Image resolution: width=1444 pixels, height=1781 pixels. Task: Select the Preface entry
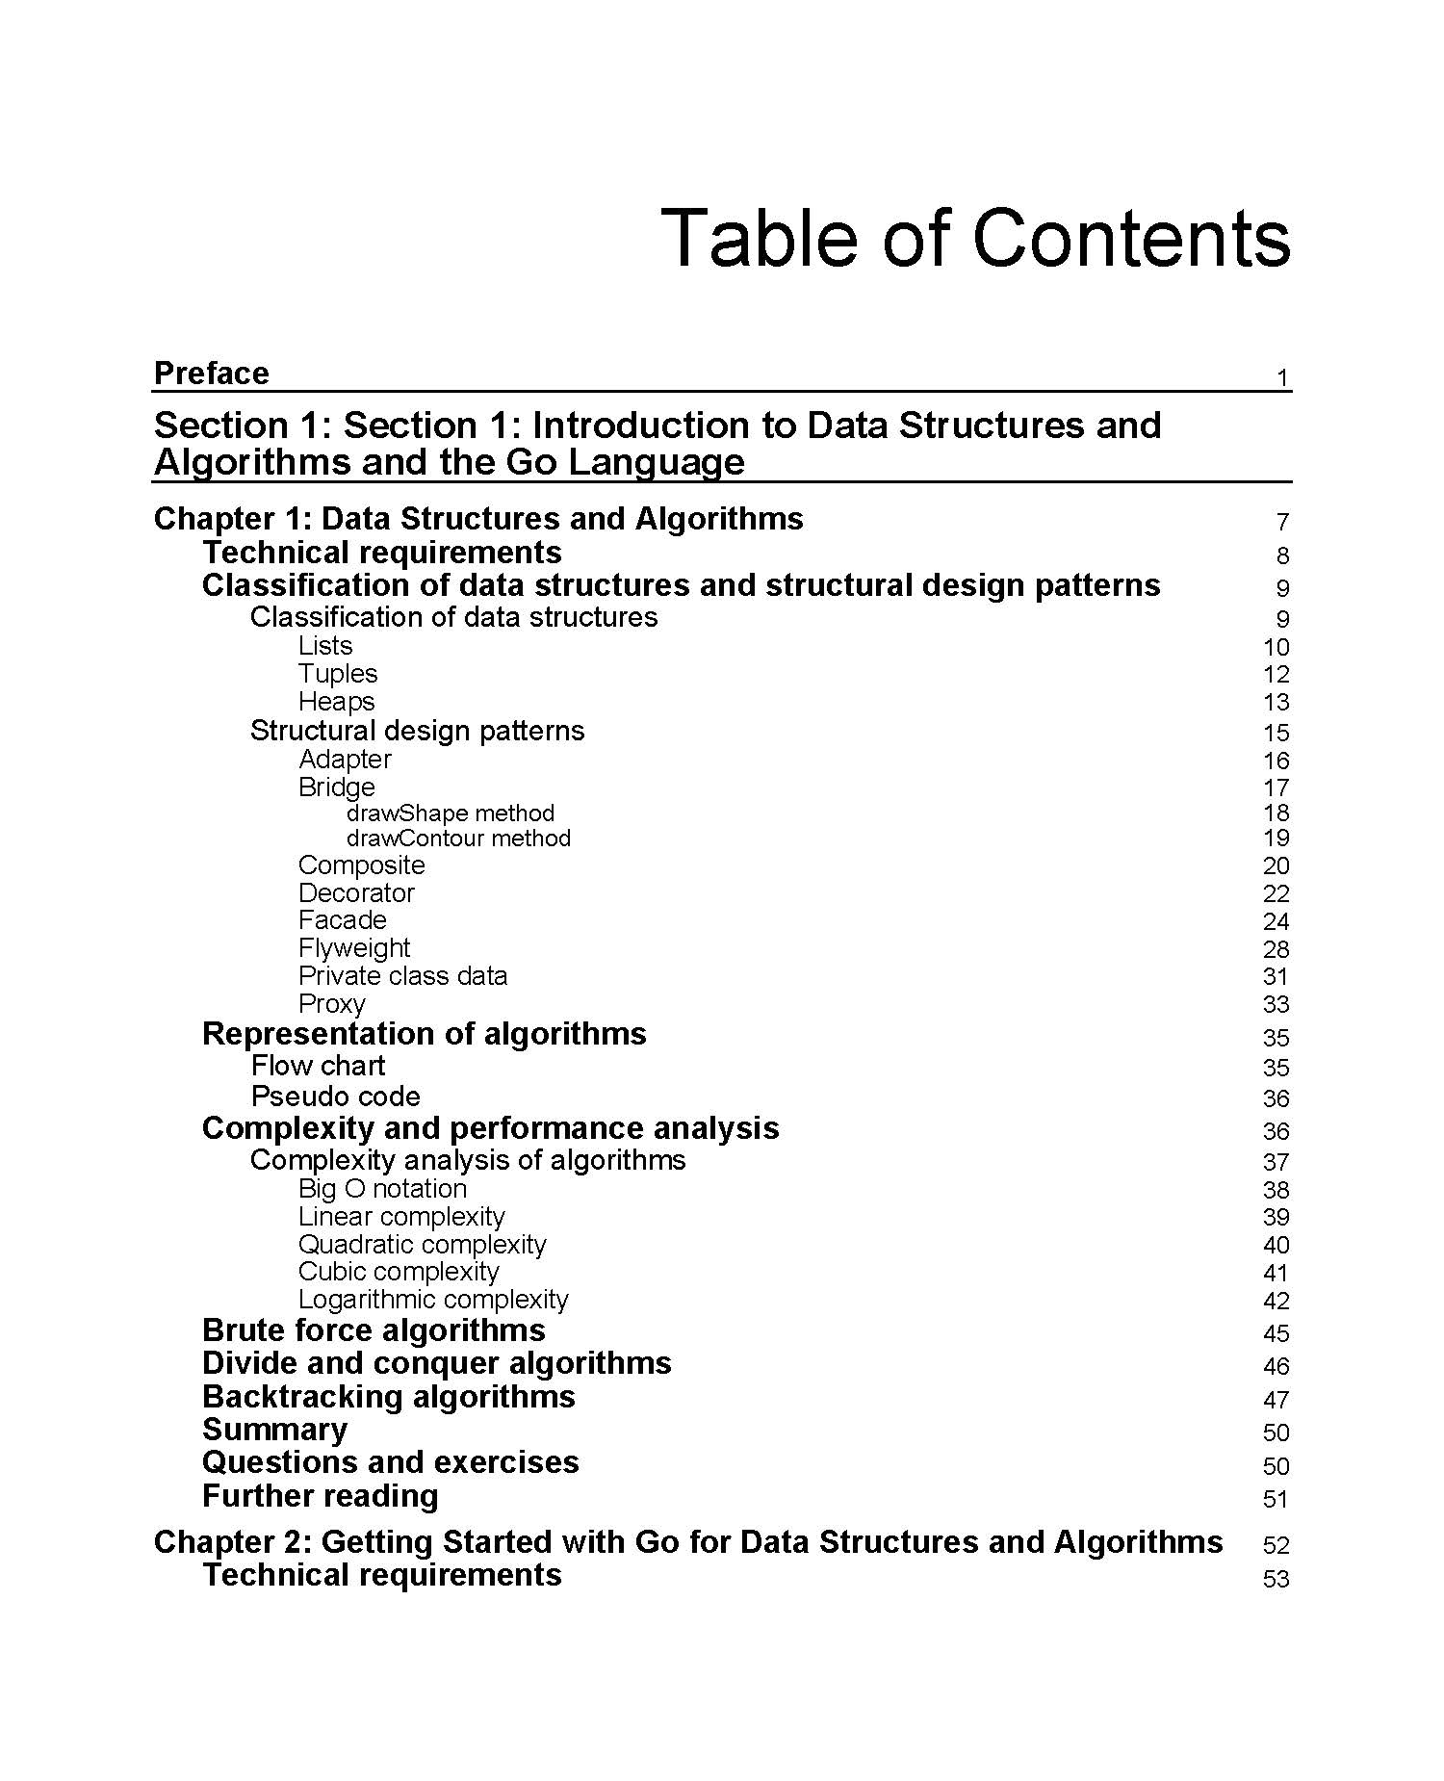click(212, 374)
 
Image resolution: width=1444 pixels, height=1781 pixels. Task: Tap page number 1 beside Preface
click(1282, 378)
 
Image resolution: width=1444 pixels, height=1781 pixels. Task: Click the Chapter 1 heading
click(478, 519)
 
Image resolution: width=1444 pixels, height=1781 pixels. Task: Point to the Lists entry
click(325, 646)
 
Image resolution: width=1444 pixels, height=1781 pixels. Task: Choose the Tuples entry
click(338, 674)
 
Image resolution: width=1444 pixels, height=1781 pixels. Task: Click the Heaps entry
click(336, 702)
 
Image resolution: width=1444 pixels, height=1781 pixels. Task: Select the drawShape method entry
click(451, 813)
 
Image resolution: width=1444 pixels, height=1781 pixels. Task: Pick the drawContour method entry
click(458, 839)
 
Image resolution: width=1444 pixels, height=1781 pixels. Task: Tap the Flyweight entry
click(354, 948)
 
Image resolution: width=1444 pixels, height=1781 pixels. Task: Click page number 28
click(1276, 950)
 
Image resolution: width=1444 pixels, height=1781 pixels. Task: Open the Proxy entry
click(332, 1004)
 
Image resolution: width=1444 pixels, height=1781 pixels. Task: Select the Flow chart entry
click(318, 1066)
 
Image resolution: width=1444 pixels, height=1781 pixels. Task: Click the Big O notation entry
click(382, 1189)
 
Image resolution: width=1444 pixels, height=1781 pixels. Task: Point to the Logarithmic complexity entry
click(433, 1300)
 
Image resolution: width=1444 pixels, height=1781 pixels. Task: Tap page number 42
click(1276, 1302)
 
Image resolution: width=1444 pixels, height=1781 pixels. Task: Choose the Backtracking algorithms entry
click(389, 1397)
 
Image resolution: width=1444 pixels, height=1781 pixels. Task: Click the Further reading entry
click(321, 1496)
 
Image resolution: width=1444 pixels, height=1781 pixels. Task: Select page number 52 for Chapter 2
click(1276, 1545)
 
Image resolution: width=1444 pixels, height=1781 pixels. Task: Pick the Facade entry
click(343, 920)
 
